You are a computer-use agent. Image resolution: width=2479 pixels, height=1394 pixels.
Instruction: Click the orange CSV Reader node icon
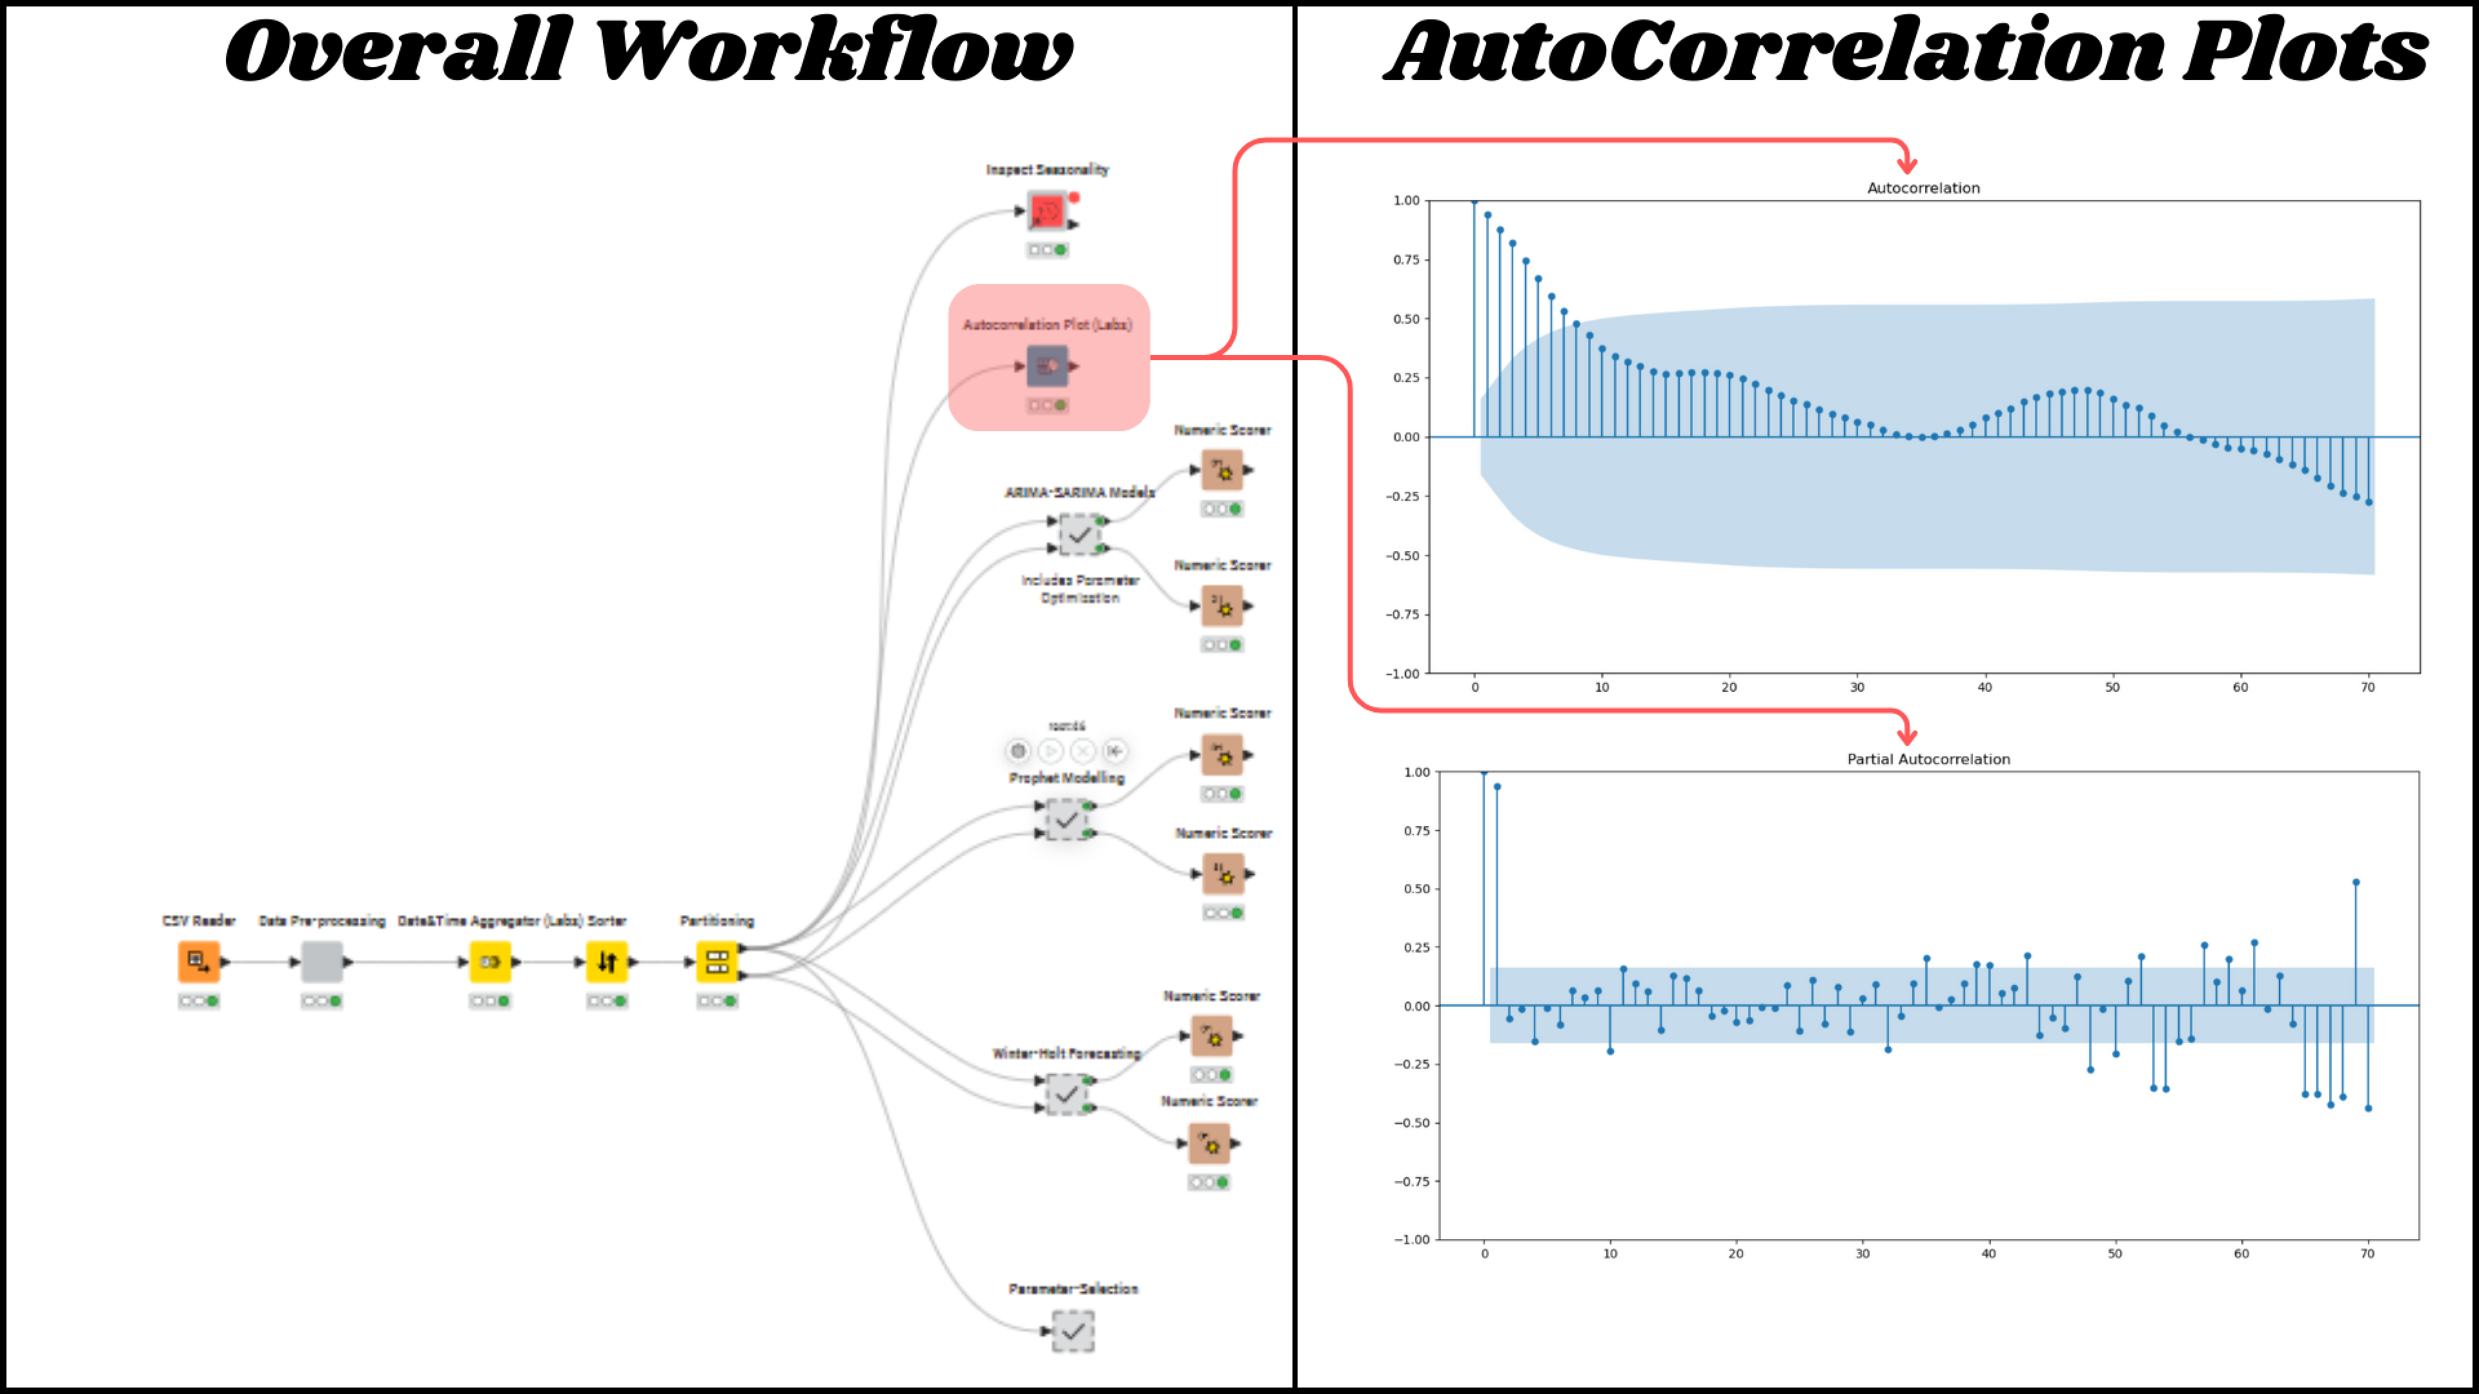198,961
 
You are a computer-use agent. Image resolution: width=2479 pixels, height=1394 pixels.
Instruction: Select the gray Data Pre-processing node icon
321,961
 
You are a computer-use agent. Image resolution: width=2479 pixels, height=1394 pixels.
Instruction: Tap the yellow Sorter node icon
606,961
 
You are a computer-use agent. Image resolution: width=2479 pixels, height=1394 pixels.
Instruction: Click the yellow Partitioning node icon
717,961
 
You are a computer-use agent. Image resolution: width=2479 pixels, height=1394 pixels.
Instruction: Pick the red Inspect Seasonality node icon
1047,210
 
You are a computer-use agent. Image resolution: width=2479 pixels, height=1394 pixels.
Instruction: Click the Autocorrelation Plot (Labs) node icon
1047,365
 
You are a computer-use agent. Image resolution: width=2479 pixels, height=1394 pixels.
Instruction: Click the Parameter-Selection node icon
1073,1331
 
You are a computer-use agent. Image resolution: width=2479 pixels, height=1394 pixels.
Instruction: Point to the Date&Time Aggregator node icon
490,961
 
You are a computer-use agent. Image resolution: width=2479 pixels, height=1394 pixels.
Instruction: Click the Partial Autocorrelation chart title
1928,759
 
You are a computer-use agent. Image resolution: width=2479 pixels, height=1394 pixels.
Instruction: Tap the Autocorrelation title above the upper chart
1923,188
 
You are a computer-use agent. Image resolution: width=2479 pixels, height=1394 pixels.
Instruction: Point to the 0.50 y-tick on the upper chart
1406,318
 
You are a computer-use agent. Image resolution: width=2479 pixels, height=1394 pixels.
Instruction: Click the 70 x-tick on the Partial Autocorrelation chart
2367,1253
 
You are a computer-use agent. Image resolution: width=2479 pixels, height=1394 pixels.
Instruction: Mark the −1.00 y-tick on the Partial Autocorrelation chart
1412,1239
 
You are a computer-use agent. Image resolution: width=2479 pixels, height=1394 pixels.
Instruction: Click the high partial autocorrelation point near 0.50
2356,882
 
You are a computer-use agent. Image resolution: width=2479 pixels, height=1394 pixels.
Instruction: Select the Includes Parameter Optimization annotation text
1080,589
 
